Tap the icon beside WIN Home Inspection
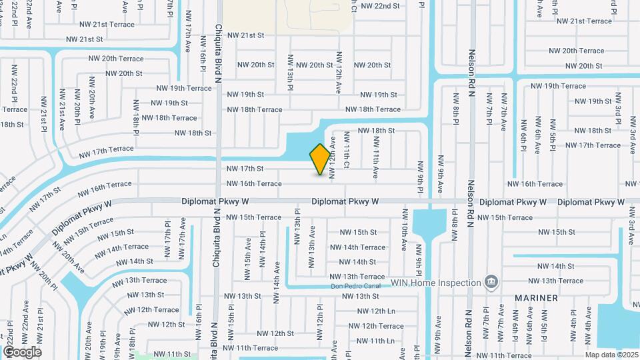[x=491, y=283]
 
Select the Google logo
[x=22, y=352]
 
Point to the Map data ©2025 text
[x=611, y=355]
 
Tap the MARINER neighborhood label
[x=536, y=297]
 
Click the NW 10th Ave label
[x=405, y=227]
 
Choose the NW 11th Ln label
[x=373, y=341]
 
